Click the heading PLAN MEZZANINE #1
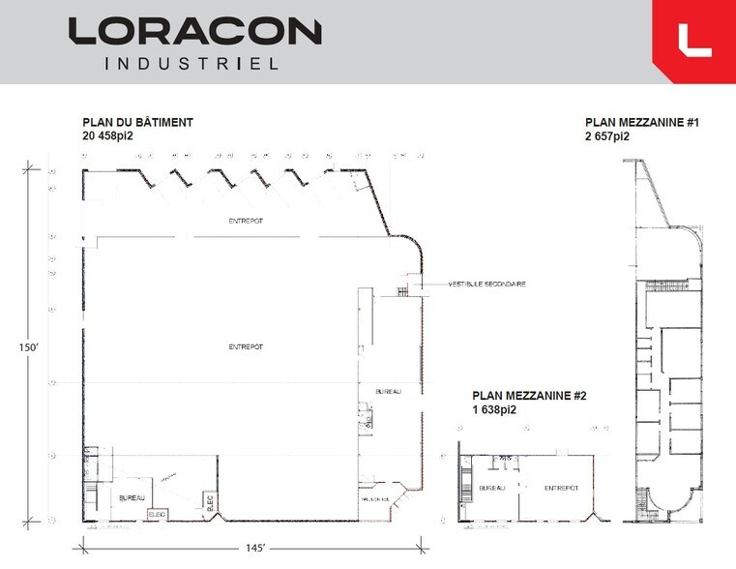[x=642, y=123]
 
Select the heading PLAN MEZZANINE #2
[x=529, y=396]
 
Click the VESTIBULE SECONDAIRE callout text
[x=486, y=284]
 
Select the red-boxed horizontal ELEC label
[x=158, y=515]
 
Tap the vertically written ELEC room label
[x=209, y=500]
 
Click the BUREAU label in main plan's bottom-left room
[x=132, y=497]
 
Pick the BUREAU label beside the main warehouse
[x=387, y=391]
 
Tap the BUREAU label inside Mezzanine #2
[x=493, y=489]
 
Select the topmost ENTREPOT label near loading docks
[x=246, y=221]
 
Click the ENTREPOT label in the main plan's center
[x=246, y=345]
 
